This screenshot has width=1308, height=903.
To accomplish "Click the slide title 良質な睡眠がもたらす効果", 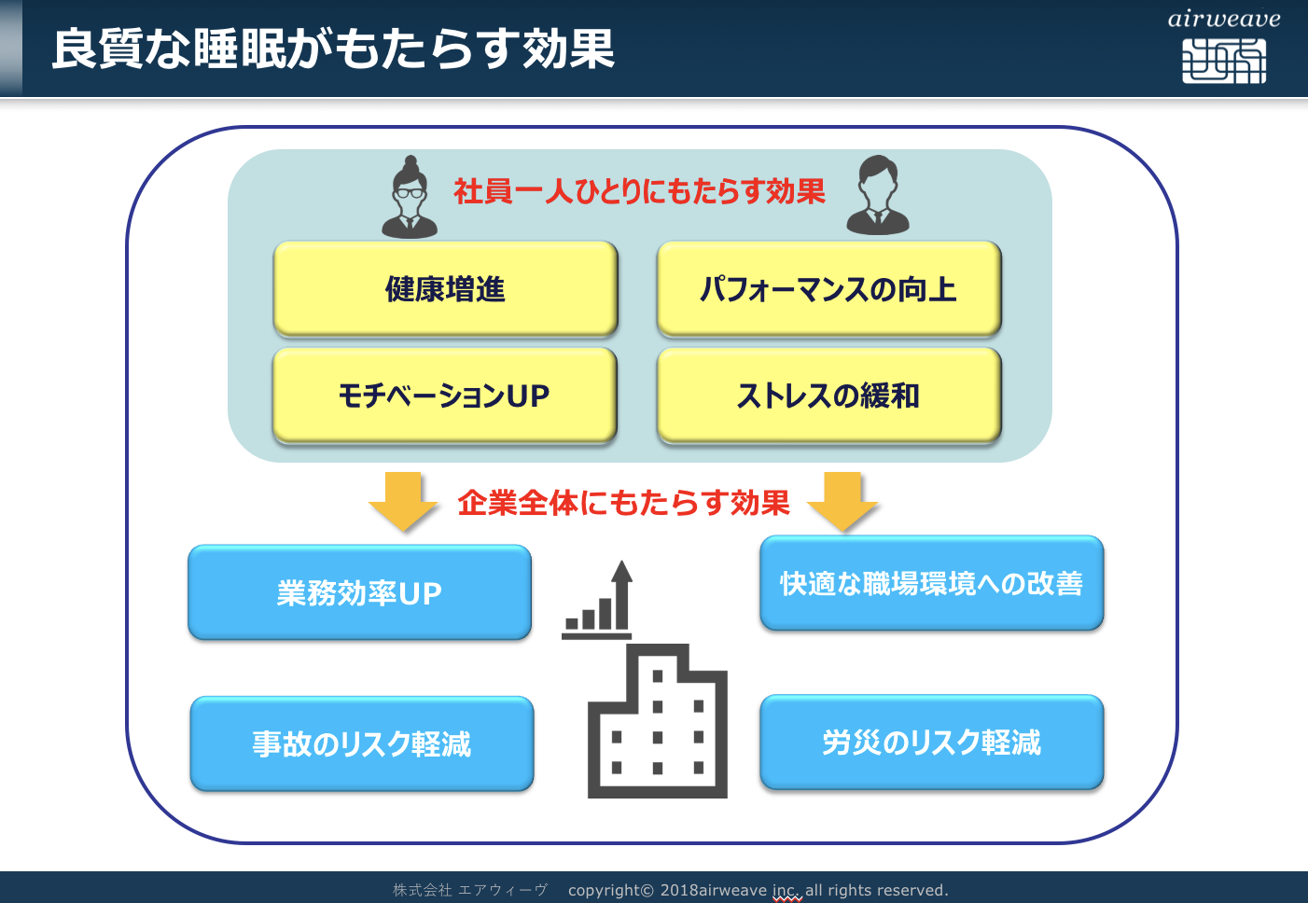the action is coord(333,49).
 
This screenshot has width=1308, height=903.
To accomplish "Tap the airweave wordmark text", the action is coord(1224,20).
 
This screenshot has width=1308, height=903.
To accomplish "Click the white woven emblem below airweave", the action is coord(1224,62).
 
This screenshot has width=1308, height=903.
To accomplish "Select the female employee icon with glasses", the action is coord(410,197).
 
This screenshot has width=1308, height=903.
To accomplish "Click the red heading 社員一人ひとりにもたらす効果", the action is coord(639,191).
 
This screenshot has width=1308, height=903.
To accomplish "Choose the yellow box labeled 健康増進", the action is coord(446,289).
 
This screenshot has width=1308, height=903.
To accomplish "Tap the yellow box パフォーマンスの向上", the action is coord(829,289).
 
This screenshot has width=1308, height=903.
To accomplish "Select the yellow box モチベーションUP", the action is coord(445,396).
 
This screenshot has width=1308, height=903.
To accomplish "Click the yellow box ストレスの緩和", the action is coord(829,396).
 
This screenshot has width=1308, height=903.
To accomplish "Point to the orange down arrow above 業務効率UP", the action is coord(403,501).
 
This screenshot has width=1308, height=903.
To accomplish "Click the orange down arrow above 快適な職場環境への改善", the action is coord(842,501).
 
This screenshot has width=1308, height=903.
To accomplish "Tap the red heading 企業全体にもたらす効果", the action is coord(623,503).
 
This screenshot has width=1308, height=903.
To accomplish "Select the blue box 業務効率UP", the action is coord(360,592).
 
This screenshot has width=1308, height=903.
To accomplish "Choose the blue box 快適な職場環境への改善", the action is coord(932,583).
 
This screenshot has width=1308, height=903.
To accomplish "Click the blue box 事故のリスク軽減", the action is coord(362,743).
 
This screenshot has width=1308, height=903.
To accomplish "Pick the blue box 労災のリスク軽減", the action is coord(932,742).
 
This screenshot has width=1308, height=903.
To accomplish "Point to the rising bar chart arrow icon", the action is coord(597,600).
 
